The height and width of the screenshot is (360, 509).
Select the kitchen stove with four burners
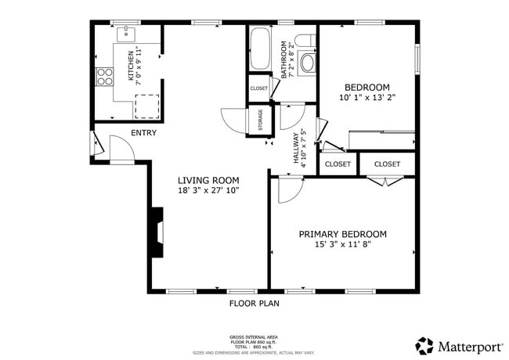pos(103,75)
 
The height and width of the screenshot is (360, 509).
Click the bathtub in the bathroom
pos(259,49)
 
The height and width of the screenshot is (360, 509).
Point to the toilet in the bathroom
pos(307,40)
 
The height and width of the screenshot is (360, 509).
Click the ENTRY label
pos(143,133)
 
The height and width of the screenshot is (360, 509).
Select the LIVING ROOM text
pos(208,180)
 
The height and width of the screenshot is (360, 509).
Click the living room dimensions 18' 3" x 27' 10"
pos(208,190)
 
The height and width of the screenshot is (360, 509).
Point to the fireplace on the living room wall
pos(157,232)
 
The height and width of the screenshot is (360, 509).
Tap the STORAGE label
pos(260,121)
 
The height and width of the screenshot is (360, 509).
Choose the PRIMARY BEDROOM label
pos(343,234)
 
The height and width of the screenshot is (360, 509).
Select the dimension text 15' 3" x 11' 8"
pos(343,245)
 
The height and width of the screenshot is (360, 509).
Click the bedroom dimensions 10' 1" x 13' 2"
pos(368,99)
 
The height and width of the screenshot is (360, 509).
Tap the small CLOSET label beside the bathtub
pos(258,88)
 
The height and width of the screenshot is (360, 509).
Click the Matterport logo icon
pos(424,345)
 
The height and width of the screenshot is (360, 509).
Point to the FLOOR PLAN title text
pos(254,303)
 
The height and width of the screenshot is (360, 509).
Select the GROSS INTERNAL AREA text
pos(254,337)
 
